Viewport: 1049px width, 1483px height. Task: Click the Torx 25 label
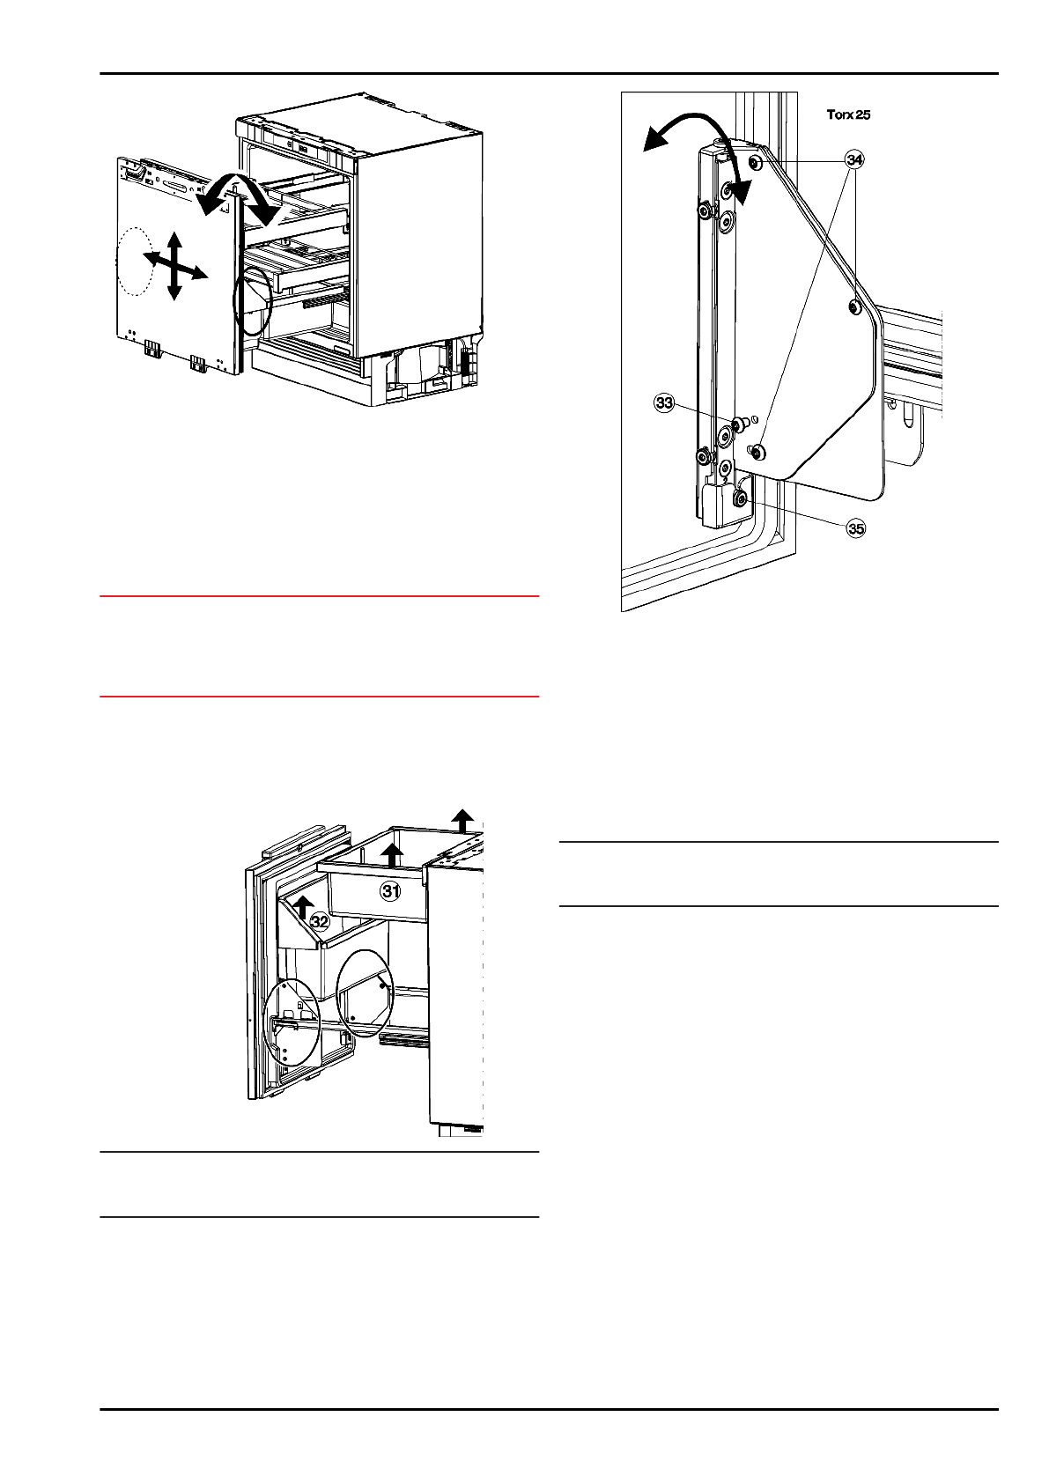coord(848,114)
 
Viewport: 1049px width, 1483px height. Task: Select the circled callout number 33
coord(663,403)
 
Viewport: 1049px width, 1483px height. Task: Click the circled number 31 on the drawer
coord(390,890)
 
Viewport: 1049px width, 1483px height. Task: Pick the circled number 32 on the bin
coord(321,922)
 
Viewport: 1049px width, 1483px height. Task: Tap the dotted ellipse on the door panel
coord(135,262)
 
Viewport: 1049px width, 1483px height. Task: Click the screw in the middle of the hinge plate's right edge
coord(853,306)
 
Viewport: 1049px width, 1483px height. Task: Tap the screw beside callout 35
coord(741,499)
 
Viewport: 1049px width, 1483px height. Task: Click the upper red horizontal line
coord(319,596)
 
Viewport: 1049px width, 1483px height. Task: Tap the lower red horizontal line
coord(319,697)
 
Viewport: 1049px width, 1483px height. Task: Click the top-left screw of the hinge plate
coord(756,163)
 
